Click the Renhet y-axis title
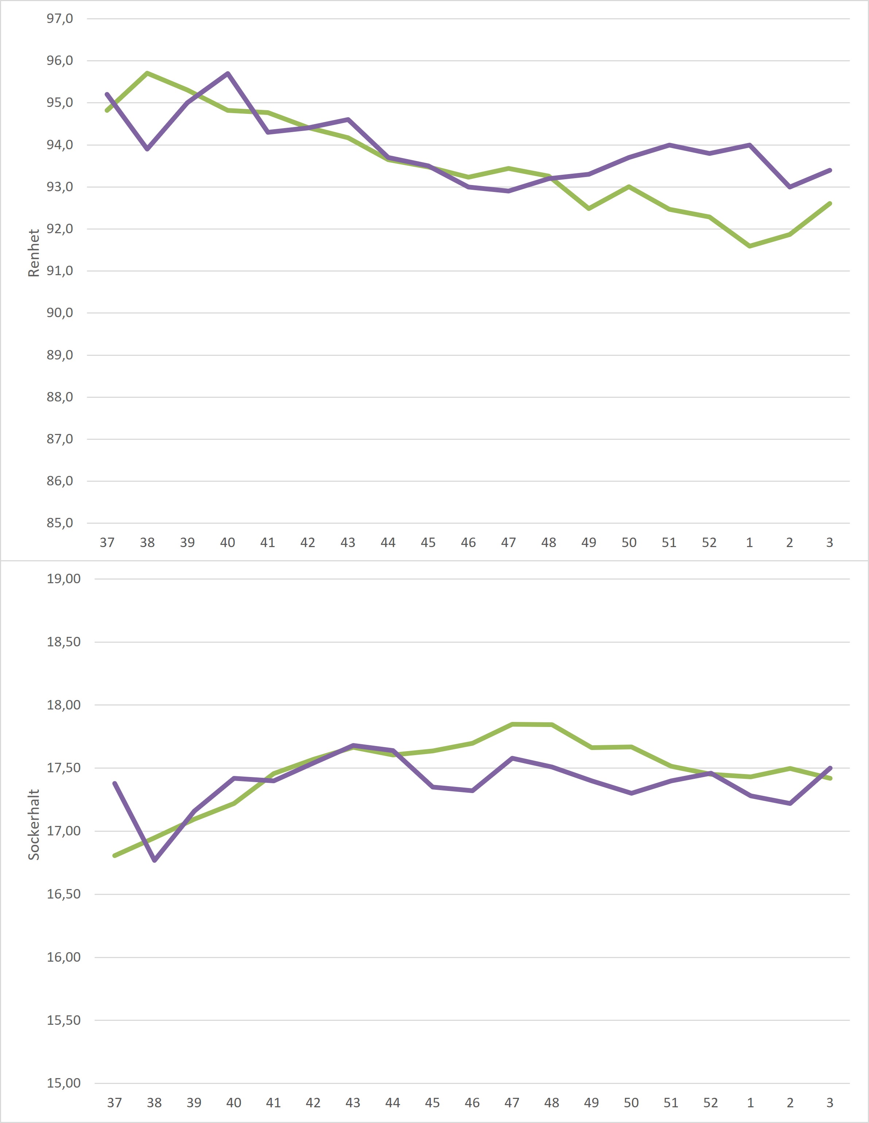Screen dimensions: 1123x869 click(x=34, y=253)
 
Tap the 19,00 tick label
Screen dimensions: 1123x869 click(x=64, y=578)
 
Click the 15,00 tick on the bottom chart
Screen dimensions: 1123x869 click(x=64, y=1083)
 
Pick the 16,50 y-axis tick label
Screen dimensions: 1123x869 click(x=64, y=894)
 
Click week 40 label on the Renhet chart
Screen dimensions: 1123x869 click(x=227, y=542)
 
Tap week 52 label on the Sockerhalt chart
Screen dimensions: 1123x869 click(x=710, y=1103)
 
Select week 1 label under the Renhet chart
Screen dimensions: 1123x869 click(x=749, y=542)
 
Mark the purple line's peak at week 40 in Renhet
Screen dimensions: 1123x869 click(x=228, y=73)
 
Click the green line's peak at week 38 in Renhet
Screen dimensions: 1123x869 click(x=147, y=73)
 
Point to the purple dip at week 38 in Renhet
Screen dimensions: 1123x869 click(x=147, y=149)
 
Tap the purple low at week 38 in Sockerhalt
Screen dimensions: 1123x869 click(x=155, y=860)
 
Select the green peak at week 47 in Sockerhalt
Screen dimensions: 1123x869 click(x=512, y=724)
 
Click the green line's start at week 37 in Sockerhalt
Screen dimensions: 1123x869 click(x=115, y=855)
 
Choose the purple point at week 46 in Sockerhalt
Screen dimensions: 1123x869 click(x=472, y=790)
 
